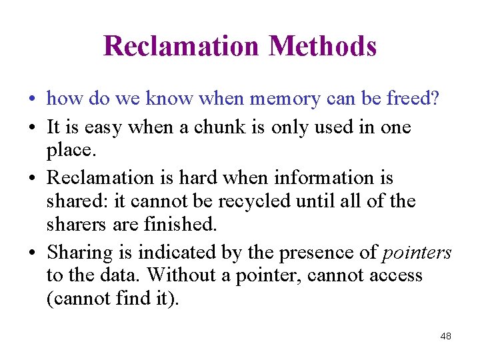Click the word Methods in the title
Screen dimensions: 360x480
coord(323,47)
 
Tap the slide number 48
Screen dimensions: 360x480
coord(446,337)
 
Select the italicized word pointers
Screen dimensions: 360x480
coord(417,252)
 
